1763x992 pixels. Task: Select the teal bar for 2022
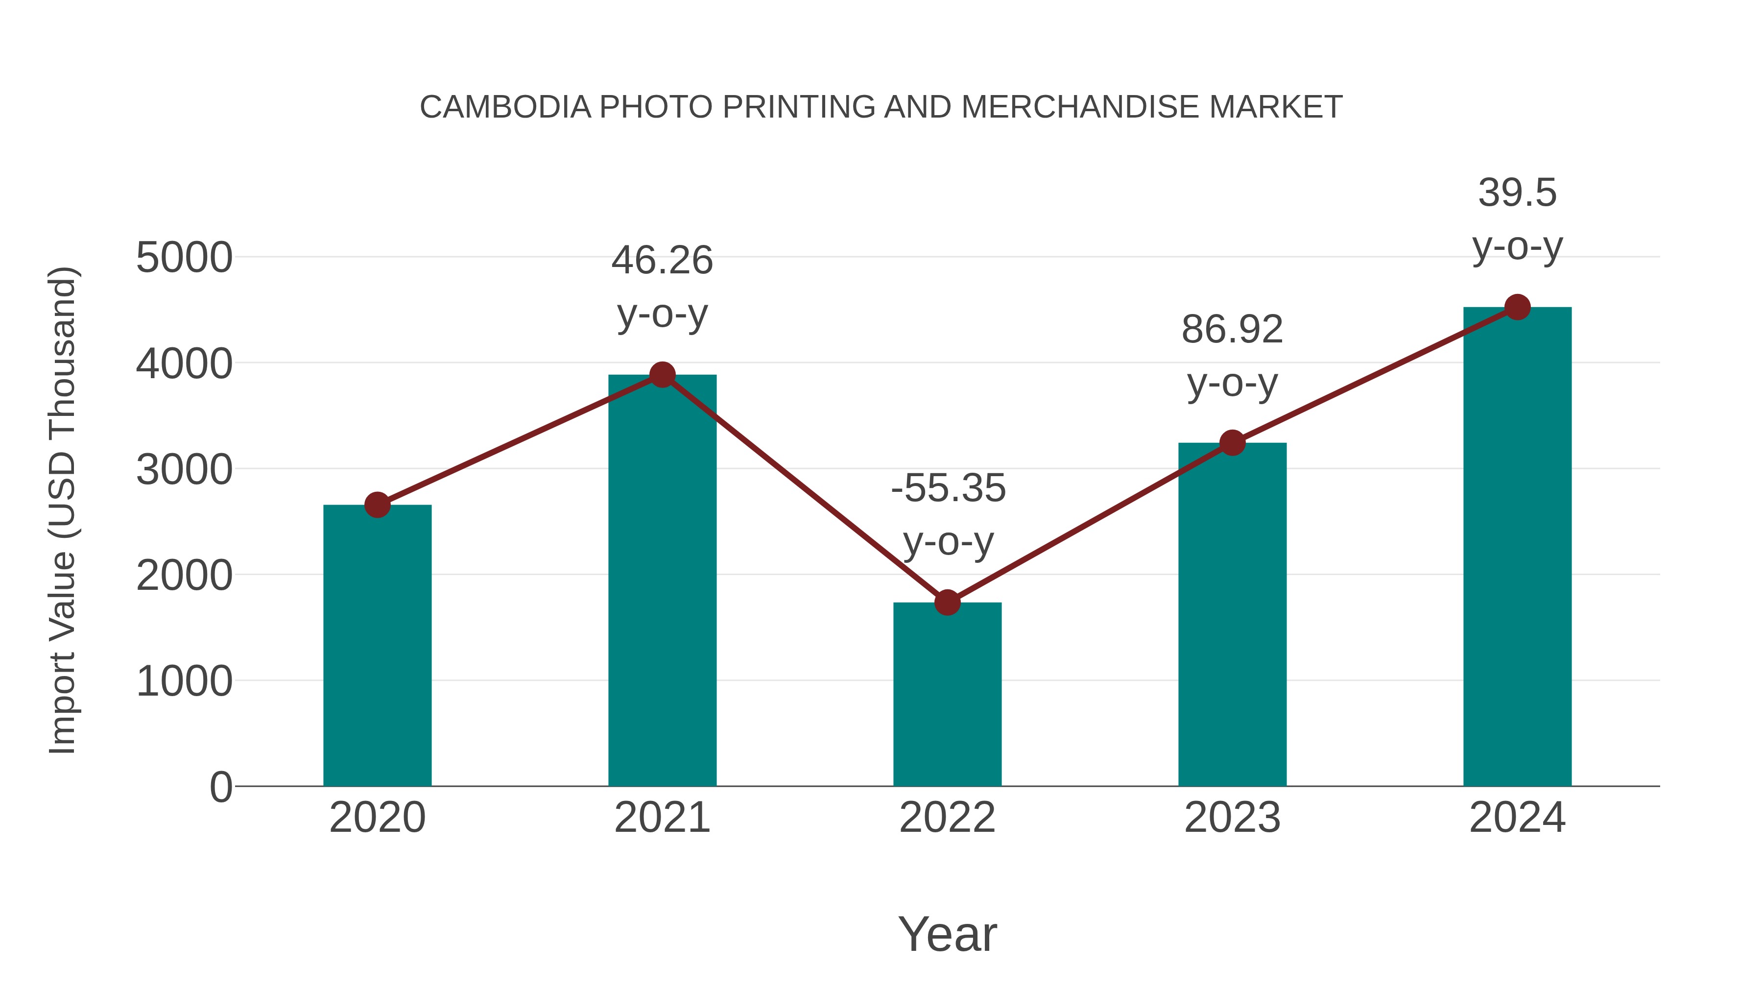947,694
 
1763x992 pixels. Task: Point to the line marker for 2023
1233,443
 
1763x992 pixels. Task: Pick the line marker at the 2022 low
947,603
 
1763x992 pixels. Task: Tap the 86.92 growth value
1232,330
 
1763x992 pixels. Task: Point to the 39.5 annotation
1517,193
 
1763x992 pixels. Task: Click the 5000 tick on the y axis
184,258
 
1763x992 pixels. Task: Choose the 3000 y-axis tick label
184,470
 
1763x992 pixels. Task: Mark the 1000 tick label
184,682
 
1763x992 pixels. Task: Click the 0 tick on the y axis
220,787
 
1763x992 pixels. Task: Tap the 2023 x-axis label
1232,818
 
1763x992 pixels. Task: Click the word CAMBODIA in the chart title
505,107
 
